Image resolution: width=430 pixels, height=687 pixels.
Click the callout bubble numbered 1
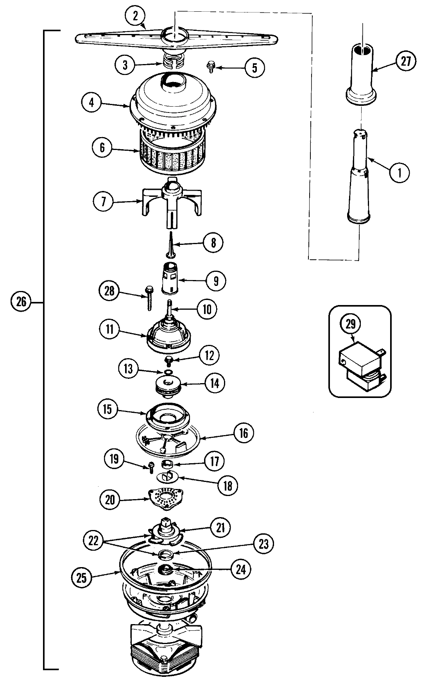[399, 172]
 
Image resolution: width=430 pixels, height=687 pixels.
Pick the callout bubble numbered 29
[353, 323]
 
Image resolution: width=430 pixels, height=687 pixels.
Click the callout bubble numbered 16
[244, 433]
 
